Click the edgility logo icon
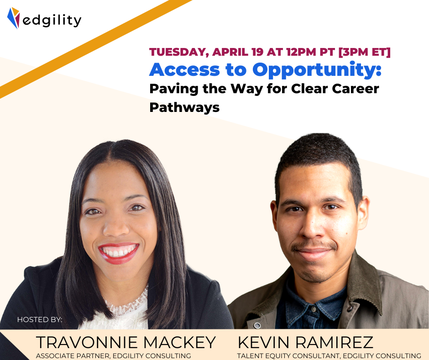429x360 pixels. (x=13, y=18)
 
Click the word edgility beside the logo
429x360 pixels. (x=52, y=20)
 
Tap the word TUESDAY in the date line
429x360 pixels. (x=179, y=52)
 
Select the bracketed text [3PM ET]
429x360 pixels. (x=365, y=52)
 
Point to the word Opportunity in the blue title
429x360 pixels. (x=317, y=70)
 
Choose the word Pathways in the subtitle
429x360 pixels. (x=184, y=107)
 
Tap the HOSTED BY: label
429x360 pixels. (x=40, y=319)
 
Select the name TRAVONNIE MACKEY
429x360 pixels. (x=126, y=342)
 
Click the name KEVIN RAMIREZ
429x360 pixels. (x=305, y=342)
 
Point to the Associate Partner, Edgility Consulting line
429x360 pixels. (x=114, y=355)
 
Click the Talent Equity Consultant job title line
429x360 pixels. (x=329, y=355)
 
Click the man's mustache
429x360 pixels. (x=314, y=245)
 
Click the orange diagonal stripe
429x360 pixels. (x=96, y=49)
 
